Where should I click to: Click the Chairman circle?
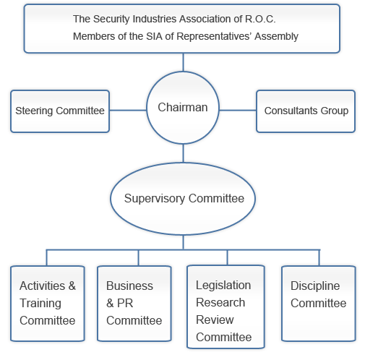[x=183, y=108]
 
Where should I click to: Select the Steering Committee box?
[x=60, y=111]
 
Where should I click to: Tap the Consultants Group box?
[x=306, y=111]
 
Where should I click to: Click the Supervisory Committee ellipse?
[x=183, y=199]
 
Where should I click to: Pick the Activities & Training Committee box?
[x=48, y=304]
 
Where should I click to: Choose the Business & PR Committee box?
[x=134, y=304]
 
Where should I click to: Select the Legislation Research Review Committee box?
[x=226, y=307]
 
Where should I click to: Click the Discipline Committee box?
[x=319, y=304]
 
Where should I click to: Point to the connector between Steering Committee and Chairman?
[x=128, y=111]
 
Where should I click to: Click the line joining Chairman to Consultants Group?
[x=238, y=111]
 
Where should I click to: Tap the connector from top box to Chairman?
[x=183, y=62]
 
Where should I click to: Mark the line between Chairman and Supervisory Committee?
[x=183, y=153]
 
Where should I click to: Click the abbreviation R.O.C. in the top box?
[x=260, y=19]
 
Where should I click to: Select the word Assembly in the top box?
[x=276, y=36]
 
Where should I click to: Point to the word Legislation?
[x=223, y=286]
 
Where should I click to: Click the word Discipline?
[x=315, y=286]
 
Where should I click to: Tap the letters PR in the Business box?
[x=125, y=303]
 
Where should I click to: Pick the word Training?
[x=40, y=304]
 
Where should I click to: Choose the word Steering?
[x=34, y=111]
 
